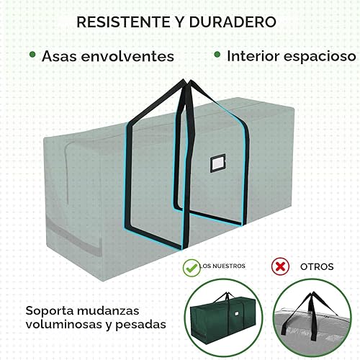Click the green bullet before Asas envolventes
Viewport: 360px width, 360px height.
pyautogui.click(x=32, y=54)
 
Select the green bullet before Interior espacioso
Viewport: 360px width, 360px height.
pyautogui.click(x=217, y=54)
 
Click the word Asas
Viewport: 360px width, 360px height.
pyautogui.click(x=59, y=55)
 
